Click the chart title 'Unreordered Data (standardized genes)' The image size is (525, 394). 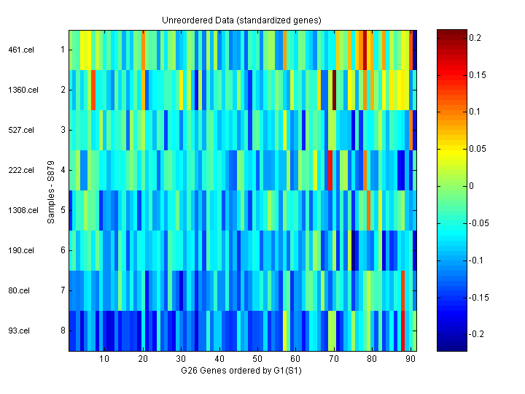(x=241, y=20)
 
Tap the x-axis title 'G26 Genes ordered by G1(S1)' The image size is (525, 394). (x=242, y=371)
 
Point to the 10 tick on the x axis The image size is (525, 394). (x=104, y=359)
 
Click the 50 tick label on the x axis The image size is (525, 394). (x=257, y=359)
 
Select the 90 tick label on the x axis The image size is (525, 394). (x=411, y=359)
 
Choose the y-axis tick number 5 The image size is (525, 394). (x=63, y=210)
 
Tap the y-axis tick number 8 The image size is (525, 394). (x=63, y=331)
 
